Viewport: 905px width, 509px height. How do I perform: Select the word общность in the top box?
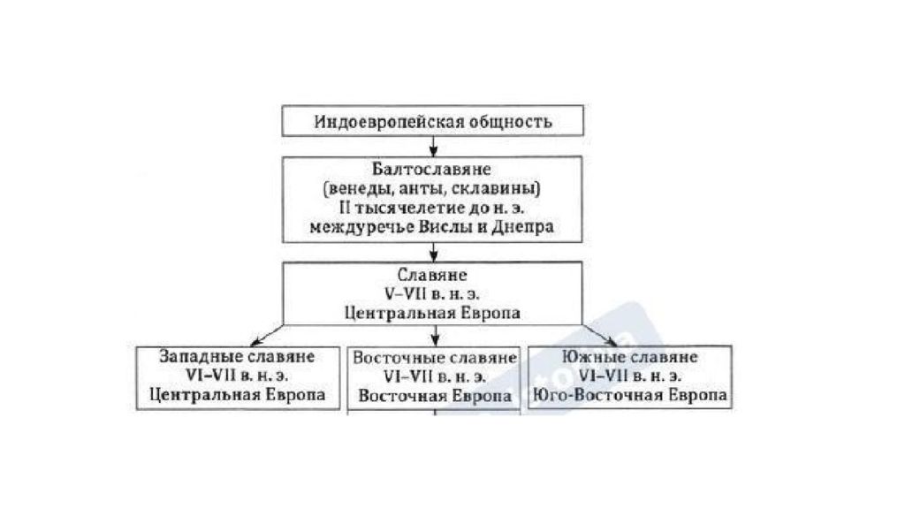pyautogui.click(x=511, y=122)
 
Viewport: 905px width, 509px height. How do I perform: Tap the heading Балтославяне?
pyautogui.click(x=431, y=170)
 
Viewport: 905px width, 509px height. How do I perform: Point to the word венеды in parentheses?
pyautogui.click(x=356, y=189)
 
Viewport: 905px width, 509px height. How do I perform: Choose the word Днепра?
pyautogui.click(x=522, y=227)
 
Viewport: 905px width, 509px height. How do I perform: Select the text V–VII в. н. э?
pyautogui.click(x=431, y=293)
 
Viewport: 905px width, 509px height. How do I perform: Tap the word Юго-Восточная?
pyautogui.click(x=598, y=396)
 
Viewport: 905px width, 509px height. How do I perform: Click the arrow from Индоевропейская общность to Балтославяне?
pyautogui.click(x=433, y=146)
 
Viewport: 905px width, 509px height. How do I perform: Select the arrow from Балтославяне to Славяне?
pyautogui.click(x=433, y=252)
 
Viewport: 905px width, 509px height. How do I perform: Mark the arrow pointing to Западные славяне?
pyautogui.click(x=267, y=335)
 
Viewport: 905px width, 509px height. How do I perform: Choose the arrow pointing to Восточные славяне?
pyautogui.click(x=435, y=336)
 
